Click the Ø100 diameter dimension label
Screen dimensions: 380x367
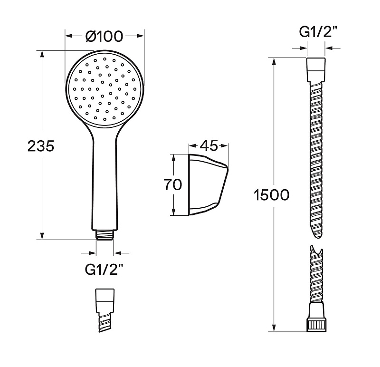click(x=104, y=37)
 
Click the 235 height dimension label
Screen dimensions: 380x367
click(x=41, y=146)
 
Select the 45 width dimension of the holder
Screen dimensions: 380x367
click(x=209, y=145)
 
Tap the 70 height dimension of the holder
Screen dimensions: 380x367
click(x=173, y=184)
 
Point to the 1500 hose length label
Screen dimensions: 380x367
click(x=271, y=195)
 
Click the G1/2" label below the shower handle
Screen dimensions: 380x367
click(x=104, y=269)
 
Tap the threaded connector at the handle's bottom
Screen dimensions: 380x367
click(x=104, y=235)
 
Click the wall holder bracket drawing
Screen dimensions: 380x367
click(x=208, y=184)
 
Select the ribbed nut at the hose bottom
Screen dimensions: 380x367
click(x=316, y=325)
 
